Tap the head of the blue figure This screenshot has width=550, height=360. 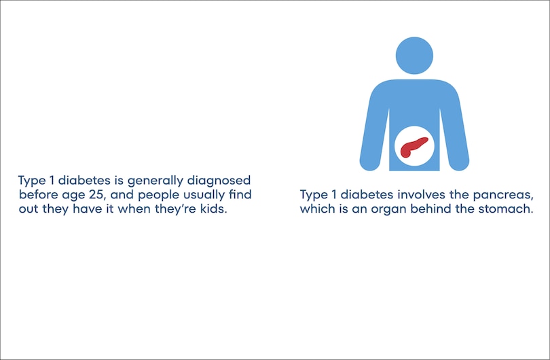click(x=414, y=56)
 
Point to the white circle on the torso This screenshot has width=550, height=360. click(x=414, y=146)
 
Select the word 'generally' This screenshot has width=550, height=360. click(x=155, y=181)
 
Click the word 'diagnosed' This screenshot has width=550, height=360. click(x=219, y=181)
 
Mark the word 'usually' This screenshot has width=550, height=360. click(x=204, y=196)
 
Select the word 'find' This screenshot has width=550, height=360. click(x=240, y=194)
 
